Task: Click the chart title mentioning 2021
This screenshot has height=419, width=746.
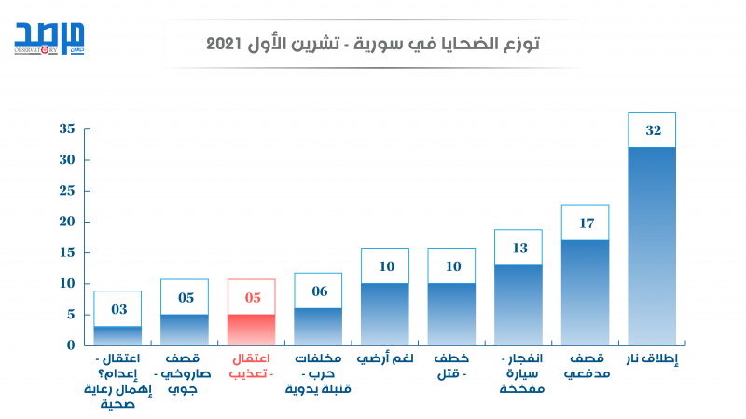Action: pos(373,44)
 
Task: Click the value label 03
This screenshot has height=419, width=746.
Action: pos(117,309)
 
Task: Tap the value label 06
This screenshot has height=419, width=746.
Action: pos(318,291)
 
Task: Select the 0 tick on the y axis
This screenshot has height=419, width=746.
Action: pos(70,345)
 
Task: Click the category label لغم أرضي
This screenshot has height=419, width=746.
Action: pos(385,358)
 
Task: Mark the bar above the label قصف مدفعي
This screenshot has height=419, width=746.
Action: pos(585,292)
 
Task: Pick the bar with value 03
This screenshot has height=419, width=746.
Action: pos(117,335)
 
